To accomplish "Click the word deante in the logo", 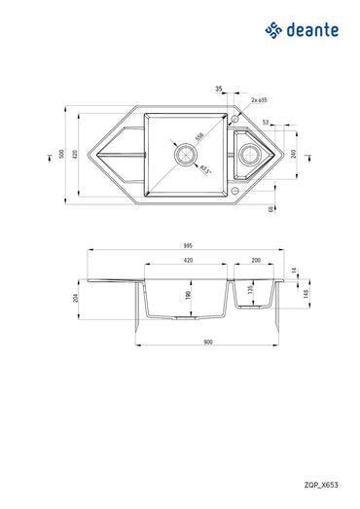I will (312, 31).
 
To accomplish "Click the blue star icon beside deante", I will (272, 31).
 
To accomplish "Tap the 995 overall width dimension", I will (185, 246).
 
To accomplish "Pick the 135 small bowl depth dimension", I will (250, 290).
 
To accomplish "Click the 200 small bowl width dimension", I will (255, 261).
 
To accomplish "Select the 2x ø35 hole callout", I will (259, 99).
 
